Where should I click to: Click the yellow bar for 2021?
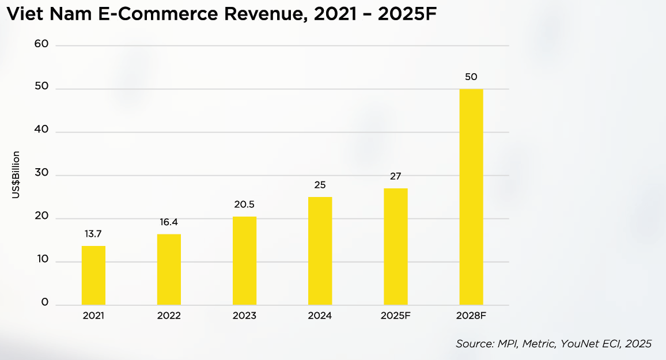93,275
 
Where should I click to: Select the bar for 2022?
169,269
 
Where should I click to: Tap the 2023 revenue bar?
245,261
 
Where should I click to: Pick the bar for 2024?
320,251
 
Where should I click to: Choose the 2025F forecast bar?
396,247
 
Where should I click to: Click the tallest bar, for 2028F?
471,197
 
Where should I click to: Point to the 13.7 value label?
93,234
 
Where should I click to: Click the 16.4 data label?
169,222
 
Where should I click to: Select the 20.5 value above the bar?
244,204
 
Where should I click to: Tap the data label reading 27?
395,176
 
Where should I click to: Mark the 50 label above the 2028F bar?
471,77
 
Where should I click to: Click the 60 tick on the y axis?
41,44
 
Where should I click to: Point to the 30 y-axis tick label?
41,172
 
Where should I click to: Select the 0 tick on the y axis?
45,302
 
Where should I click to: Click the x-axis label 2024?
320,316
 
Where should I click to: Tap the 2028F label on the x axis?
471,316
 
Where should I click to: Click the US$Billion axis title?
16,175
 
